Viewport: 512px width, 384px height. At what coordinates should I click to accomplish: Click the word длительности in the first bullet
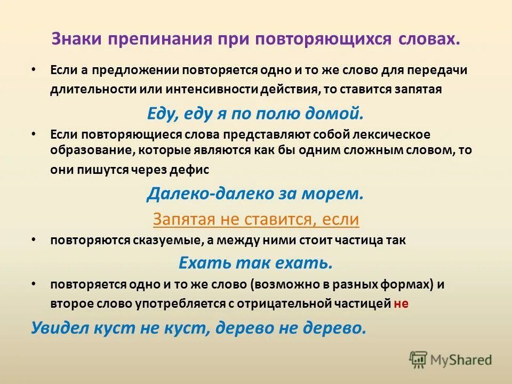click(87, 89)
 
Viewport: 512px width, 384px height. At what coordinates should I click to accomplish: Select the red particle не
click(401, 303)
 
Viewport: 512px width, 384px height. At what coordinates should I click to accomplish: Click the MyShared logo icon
click(418, 359)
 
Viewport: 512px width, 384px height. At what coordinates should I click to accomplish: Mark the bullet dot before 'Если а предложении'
click(34, 70)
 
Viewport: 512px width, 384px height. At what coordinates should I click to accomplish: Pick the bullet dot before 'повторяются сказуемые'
click(34, 240)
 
